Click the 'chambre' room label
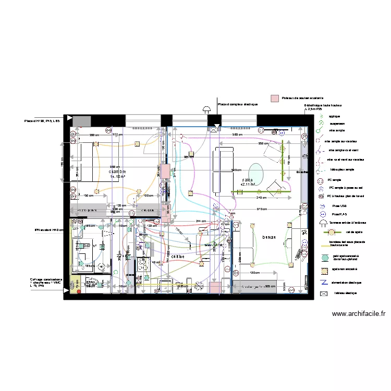[117, 172]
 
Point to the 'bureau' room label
[268, 237]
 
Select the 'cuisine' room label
[177, 256]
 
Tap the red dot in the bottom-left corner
[79, 291]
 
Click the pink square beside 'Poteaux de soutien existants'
[274, 98]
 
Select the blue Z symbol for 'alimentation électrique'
[324, 282]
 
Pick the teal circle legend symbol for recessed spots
[324, 258]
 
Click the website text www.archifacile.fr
[359, 314]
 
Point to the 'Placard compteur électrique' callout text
[238, 104]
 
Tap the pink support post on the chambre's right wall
[165, 172]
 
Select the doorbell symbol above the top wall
[206, 109]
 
